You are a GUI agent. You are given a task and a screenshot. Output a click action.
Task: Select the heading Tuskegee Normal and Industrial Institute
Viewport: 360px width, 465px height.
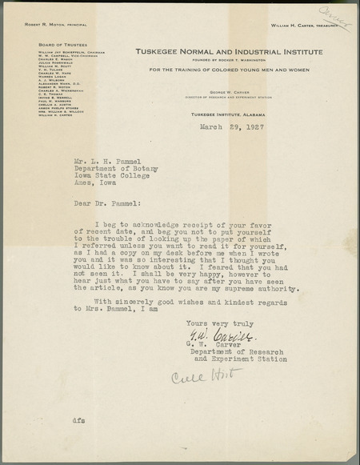click(229, 51)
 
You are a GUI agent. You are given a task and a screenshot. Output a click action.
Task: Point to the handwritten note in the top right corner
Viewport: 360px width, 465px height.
click(334, 18)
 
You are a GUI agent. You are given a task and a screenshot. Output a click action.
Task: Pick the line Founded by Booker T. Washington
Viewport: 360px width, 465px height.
click(229, 58)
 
